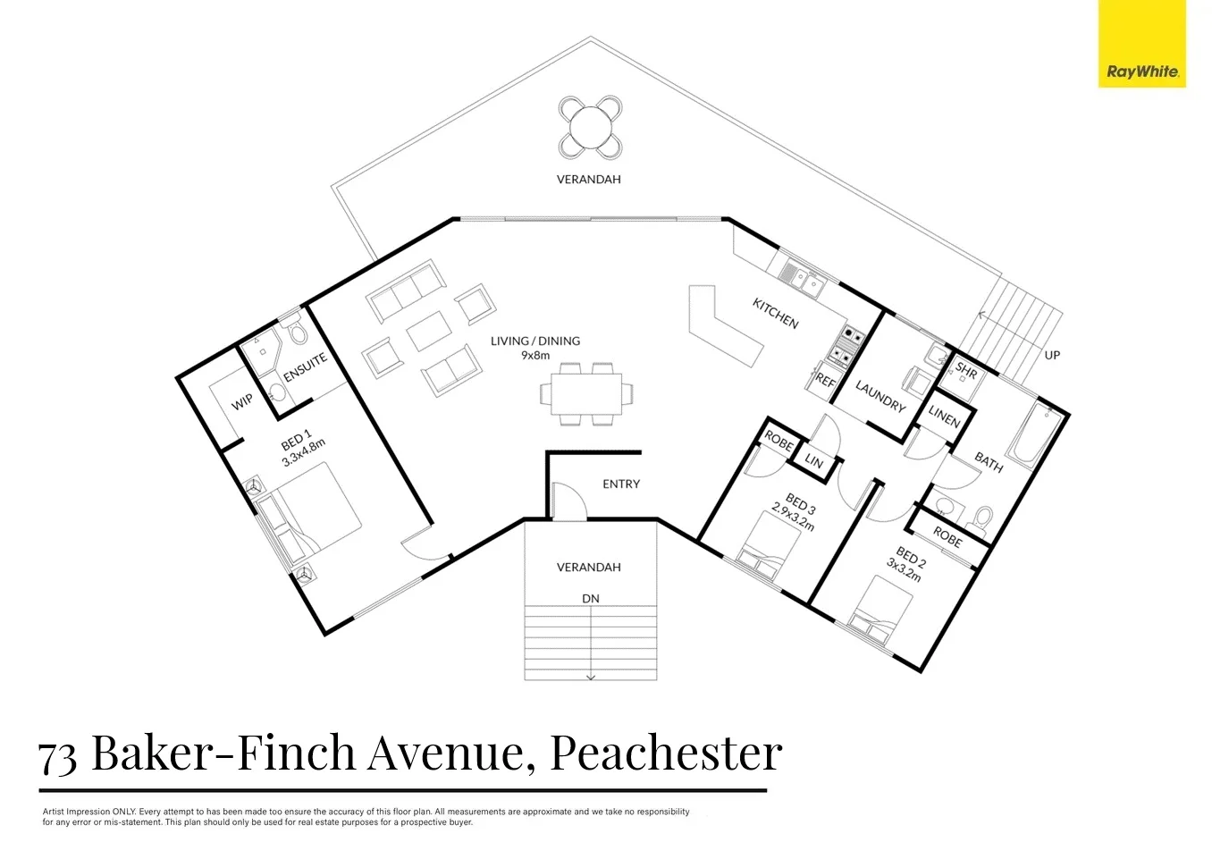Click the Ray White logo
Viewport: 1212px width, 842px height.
[1141, 44]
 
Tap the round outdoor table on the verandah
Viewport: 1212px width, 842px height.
[590, 125]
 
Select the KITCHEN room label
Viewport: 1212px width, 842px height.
[775, 314]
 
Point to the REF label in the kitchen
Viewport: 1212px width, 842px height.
[825, 381]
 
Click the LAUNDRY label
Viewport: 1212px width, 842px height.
[880, 396]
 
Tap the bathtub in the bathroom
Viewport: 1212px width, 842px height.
[1037, 438]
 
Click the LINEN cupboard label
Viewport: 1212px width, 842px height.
[944, 417]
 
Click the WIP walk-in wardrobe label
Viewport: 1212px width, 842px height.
[242, 403]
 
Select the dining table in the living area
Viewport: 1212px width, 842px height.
[586, 392]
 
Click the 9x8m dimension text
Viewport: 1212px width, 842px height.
[535, 355]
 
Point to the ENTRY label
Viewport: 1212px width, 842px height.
[621, 484]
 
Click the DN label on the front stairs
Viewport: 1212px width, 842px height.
[590, 598]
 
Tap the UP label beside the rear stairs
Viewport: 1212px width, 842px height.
[1052, 355]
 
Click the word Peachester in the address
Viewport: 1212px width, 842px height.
[666, 753]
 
